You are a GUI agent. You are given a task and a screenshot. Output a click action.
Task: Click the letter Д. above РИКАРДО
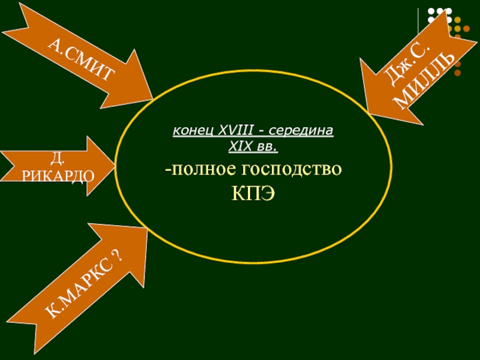pos(56,159)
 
